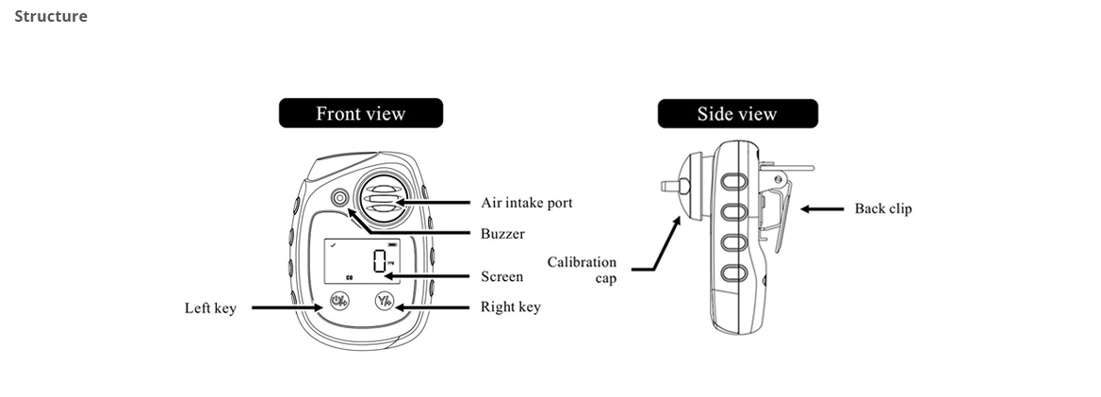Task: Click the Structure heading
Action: tap(51, 16)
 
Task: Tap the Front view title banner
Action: tap(360, 114)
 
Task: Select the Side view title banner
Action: tap(737, 114)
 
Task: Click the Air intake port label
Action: tap(525, 203)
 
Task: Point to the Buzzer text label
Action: tap(502, 233)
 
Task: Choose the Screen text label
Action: tap(501, 277)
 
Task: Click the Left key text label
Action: tap(209, 308)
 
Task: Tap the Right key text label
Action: tap(510, 307)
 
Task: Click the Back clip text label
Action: tap(882, 208)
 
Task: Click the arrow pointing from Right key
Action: tap(434, 306)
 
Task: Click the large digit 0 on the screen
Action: tap(380, 260)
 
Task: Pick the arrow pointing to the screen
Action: tap(429, 277)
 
